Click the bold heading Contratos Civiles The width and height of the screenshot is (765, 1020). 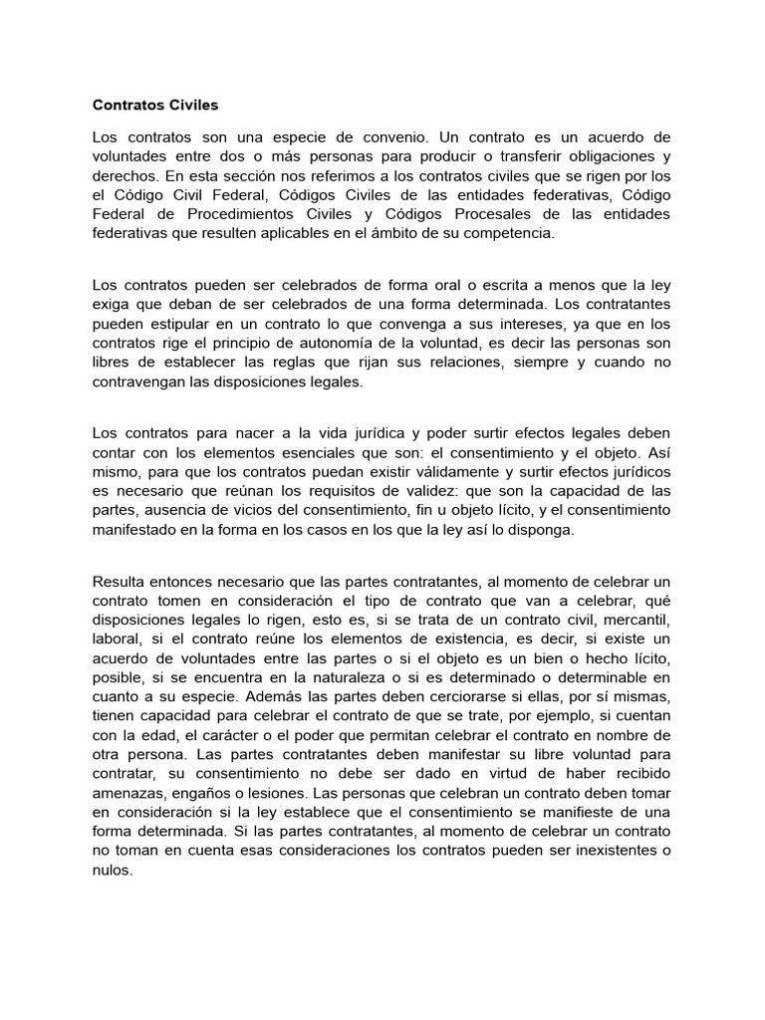coord(154,104)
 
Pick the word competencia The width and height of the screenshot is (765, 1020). coord(523,233)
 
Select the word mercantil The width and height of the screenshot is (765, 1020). coord(636,620)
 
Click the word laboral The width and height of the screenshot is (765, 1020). coord(116,638)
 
